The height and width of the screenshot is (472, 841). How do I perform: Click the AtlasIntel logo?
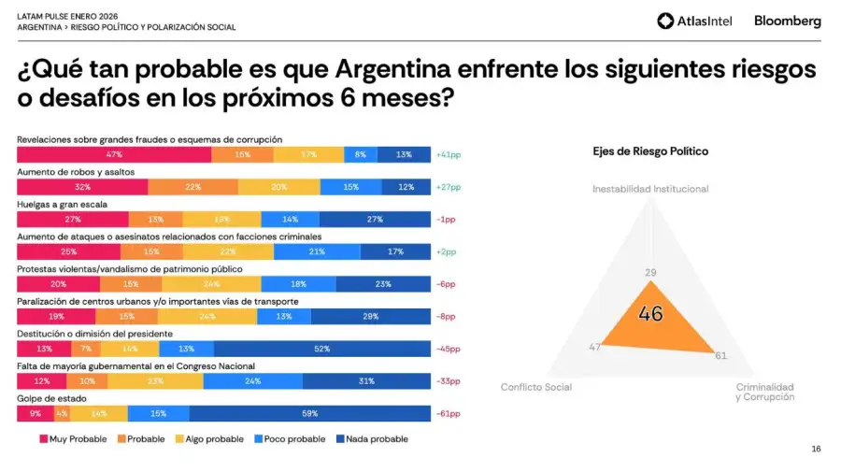[694, 21]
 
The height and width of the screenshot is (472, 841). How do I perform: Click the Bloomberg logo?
[787, 21]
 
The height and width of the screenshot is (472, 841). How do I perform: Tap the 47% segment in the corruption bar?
[114, 155]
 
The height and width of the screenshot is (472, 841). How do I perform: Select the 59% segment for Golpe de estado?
[309, 413]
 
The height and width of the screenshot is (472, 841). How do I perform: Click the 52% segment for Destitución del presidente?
[321, 349]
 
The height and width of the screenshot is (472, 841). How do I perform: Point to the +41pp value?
[449, 155]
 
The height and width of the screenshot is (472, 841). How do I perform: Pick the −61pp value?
[449, 413]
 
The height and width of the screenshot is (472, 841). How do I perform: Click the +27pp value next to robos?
[449, 187]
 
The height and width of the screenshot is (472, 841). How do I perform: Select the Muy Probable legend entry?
[73, 438]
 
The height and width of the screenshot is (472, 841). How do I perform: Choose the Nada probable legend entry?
[371, 438]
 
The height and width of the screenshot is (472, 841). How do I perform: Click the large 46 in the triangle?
[650, 314]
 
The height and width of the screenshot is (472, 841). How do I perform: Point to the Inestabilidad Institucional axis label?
[650, 189]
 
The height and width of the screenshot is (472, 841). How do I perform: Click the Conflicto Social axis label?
[536, 387]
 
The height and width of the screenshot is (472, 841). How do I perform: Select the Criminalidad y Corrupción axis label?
[764, 392]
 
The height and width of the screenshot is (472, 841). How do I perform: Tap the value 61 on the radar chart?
[720, 355]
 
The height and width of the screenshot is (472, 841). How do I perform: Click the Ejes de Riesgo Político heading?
[650, 151]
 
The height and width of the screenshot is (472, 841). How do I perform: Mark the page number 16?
[816, 450]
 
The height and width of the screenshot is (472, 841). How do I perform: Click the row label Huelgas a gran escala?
[62, 204]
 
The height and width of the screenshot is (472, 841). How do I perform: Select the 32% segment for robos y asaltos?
[82, 187]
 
